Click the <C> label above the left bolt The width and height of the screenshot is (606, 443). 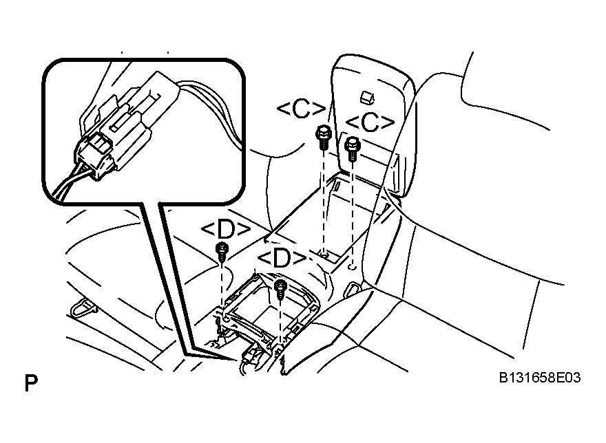(302, 109)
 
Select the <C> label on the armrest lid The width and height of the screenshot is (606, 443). (370, 123)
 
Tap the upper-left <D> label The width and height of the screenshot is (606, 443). (226, 230)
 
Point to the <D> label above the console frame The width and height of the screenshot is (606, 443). (282, 259)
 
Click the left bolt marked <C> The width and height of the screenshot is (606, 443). (324, 138)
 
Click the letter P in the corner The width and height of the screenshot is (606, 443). (31, 382)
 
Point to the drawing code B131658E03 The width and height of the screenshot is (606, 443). (539, 378)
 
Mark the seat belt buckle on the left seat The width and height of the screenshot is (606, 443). (83, 307)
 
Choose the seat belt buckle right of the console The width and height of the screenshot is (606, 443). (351, 288)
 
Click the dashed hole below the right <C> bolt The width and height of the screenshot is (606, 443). (352, 267)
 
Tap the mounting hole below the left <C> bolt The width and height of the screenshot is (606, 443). (324, 255)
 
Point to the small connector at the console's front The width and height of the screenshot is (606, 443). (250, 354)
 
